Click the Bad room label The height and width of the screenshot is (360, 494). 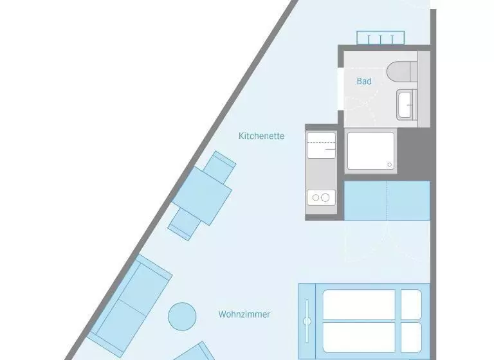[x=364, y=81]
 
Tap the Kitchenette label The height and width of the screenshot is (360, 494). [x=262, y=136]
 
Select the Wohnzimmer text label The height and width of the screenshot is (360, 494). [x=244, y=314]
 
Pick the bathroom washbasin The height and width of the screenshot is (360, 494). [x=407, y=105]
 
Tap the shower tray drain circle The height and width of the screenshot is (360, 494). [x=389, y=165]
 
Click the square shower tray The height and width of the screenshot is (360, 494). [x=370, y=151]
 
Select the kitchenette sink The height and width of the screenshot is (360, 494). [x=322, y=145]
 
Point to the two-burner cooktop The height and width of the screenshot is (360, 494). [x=322, y=197]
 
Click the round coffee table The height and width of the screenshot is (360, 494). [x=182, y=316]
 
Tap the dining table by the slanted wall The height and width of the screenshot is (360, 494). [x=202, y=195]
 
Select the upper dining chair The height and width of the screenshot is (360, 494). [x=220, y=167]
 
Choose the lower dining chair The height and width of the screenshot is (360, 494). [x=185, y=224]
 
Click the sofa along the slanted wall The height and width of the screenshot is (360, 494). [x=129, y=306]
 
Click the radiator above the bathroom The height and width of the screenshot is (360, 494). [x=380, y=38]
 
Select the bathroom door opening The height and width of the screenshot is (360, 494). [x=340, y=89]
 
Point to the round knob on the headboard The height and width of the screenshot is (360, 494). [x=307, y=321]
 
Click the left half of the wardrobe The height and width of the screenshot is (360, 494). [x=365, y=201]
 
